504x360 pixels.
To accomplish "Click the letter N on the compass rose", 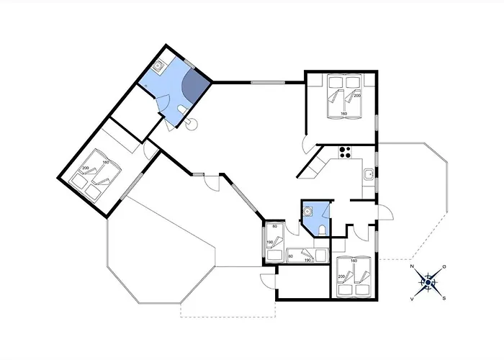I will click(413, 267).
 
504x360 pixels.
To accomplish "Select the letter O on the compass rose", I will click(444, 267).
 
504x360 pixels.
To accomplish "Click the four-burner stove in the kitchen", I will click(345, 152).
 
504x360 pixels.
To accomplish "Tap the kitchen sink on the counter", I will click(369, 174).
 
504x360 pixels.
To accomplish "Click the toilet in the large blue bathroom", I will click(182, 109).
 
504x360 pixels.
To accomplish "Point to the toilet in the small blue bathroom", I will click(321, 229).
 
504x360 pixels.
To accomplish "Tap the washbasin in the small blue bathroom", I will click(308, 212).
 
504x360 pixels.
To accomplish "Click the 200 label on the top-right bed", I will click(356, 96).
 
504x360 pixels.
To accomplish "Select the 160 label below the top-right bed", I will click(343, 114).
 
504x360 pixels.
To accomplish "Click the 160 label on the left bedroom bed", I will click(105, 162).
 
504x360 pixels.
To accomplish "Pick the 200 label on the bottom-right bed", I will click(341, 276).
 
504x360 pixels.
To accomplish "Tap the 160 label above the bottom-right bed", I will click(354, 260).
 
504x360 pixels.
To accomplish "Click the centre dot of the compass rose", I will click(428, 282).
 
